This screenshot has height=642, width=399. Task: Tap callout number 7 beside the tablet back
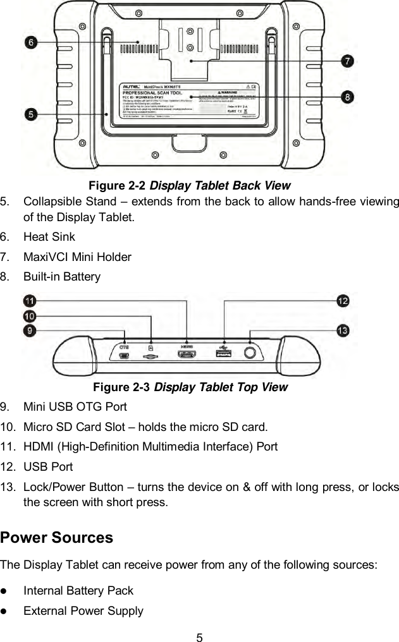(x=347, y=61)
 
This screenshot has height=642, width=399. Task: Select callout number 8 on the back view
(x=347, y=97)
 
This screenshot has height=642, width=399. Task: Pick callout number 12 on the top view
(x=342, y=301)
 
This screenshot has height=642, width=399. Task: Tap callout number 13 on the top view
(x=342, y=330)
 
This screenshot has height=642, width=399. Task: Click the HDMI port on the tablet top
(x=187, y=358)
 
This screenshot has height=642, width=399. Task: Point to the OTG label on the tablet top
(x=125, y=347)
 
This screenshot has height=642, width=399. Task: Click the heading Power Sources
(x=57, y=538)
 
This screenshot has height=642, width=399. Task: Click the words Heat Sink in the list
(x=49, y=237)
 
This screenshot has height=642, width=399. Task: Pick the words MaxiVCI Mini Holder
(x=77, y=257)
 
